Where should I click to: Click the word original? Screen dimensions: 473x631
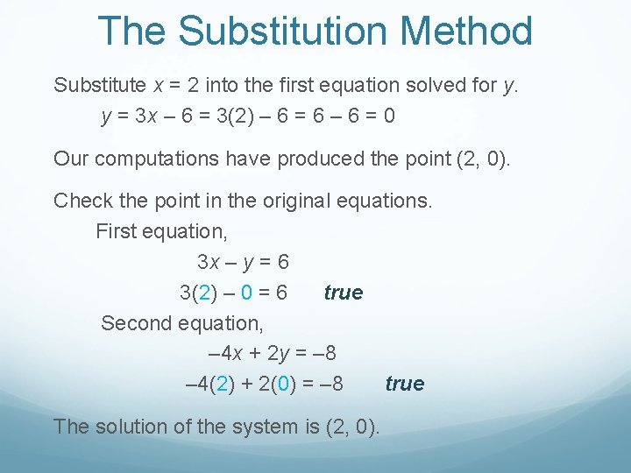(x=290, y=201)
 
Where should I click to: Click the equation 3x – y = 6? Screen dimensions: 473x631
(x=243, y=262)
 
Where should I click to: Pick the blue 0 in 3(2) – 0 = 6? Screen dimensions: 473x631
(x=246, y=293)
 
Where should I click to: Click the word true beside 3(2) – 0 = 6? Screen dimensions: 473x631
(x=343, y=293)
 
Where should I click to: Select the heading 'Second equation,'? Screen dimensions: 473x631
(x=181, y=323)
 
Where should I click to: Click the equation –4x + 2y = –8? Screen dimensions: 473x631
(x=273, y=354)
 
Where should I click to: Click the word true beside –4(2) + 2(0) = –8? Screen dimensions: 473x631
(x=404, y=385)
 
